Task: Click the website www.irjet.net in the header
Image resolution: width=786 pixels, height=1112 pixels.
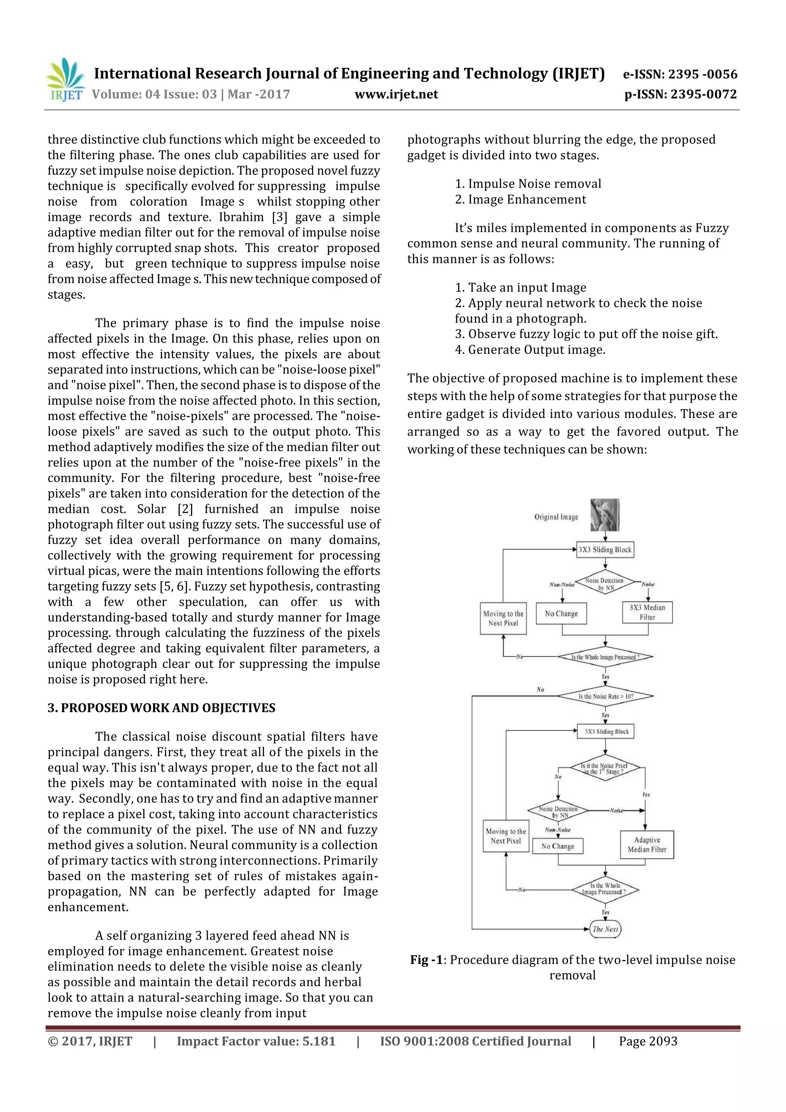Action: (396, 94)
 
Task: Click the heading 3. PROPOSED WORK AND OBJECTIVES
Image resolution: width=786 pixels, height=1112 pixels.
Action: (161, 708)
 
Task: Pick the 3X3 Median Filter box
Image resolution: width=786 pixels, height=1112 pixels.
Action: (647, 612)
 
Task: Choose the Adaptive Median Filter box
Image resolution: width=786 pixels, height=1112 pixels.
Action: (647, 845)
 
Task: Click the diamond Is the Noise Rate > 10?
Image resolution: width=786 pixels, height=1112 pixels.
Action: (605, 696)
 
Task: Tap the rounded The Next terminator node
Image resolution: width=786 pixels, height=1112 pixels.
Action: (605, 929)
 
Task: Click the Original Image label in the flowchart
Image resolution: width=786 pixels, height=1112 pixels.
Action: (556, 517)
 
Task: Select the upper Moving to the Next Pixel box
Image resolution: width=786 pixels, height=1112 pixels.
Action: (503, 618)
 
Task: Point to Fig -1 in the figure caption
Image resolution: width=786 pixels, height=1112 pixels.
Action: (426, 960)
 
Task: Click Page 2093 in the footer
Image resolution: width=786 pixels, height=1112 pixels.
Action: (648, 1041)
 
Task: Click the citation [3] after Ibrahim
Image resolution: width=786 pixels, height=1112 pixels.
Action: (279, 217)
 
